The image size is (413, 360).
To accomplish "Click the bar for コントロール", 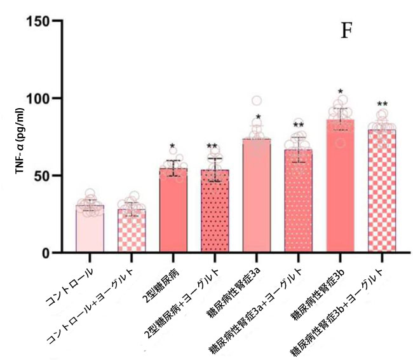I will pyautogui.click(x=90, y=229).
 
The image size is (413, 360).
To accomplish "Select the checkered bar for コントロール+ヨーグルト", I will pyautogui.click(x=132, y=231).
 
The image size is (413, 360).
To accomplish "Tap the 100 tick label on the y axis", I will pyautogui.click(x=40, y=99).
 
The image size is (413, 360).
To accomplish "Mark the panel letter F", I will pyautogui.click(x=346, y=31).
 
